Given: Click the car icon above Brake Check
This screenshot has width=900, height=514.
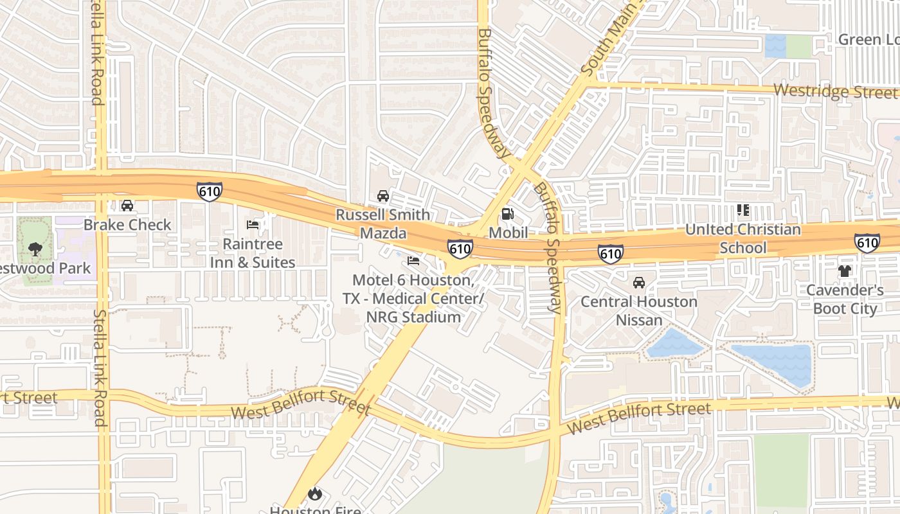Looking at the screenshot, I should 127,206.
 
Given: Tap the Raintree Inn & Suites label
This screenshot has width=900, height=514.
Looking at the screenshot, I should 252,253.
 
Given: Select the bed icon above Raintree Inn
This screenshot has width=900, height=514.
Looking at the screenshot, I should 253,225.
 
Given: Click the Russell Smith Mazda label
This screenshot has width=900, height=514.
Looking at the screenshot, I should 383,224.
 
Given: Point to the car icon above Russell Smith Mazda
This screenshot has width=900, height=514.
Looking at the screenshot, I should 383,195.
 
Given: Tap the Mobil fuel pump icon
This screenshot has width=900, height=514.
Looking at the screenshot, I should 508,213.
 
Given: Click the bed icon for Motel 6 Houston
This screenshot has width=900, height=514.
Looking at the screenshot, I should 413,261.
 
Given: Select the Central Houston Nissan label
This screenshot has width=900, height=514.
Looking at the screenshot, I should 639,310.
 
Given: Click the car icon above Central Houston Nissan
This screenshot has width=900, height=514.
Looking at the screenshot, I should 639,283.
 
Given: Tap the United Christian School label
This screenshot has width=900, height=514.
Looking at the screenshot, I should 743,238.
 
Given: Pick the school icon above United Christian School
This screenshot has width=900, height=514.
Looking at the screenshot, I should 743,210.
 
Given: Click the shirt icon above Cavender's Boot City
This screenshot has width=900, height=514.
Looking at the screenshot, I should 845,271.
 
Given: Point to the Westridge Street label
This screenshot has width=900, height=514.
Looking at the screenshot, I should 836,91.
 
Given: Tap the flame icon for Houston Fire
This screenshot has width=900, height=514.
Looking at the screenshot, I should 314,493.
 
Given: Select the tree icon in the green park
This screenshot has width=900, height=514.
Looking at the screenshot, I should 36,249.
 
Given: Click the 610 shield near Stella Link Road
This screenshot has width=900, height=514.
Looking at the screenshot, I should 210,191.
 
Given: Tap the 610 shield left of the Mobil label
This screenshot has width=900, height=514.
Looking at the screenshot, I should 460,249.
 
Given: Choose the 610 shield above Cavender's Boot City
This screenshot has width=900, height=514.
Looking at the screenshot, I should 867,242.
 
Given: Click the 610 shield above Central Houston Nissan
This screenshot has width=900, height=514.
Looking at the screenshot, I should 610,253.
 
